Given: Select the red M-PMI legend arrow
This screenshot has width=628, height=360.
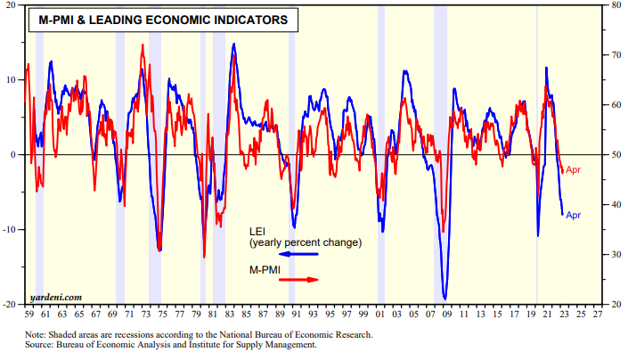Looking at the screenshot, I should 295,279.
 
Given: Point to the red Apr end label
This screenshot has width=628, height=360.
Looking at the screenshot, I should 574,170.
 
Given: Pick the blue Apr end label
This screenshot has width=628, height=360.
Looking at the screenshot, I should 574,215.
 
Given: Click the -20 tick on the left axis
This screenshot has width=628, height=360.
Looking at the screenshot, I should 14,305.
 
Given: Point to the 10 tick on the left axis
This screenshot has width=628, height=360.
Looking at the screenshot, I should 16,80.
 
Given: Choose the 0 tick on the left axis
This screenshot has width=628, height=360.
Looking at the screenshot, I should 19,155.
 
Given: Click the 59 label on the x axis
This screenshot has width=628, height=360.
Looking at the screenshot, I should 29,315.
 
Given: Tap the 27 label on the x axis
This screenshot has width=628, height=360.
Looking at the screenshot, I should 594,315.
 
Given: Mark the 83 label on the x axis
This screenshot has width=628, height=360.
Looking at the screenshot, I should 229,315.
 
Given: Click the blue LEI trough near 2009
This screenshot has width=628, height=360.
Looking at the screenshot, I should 444,299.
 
